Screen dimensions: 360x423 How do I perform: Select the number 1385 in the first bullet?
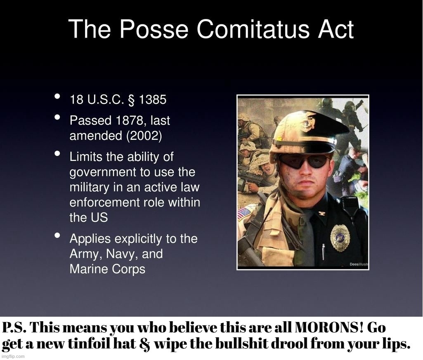point(153,100)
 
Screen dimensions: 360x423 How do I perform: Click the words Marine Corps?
point(107,269)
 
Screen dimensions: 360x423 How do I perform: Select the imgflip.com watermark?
point(13,356)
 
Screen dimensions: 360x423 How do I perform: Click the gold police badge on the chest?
point(340,238)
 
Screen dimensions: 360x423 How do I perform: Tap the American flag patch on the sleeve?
point(244,214)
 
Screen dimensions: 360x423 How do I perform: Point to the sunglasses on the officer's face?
point(303,161)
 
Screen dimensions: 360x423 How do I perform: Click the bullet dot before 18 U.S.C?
point(58,97)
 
